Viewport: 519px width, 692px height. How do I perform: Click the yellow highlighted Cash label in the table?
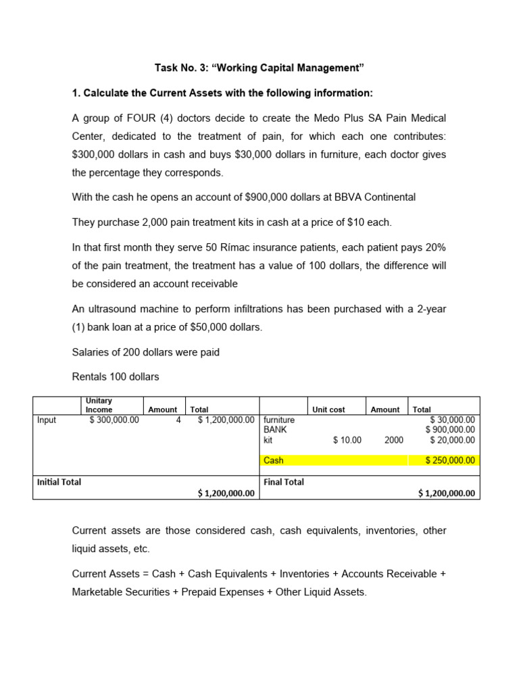point(274,460)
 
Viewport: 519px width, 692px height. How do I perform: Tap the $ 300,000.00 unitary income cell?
point(114,420)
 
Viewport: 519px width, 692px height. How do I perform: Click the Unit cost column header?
point(328,410)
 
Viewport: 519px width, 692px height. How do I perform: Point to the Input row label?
point(47,420)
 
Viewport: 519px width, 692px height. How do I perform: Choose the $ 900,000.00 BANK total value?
point(450,430)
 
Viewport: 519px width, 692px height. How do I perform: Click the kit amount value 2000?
point(394,440)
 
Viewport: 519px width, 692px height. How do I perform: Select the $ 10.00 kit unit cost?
point(347,440)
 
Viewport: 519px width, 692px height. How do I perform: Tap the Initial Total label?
point(59,482)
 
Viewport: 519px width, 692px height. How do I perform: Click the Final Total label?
point(284,482)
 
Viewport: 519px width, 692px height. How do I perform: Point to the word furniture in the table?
point(279,420)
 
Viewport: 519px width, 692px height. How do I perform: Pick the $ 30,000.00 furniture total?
point(452,420)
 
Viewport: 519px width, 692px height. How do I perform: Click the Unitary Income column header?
point(99,405)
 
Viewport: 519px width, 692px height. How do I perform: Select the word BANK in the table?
point(276,430)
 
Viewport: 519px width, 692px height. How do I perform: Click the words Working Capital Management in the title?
point(294,68)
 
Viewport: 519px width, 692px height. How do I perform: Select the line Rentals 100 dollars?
point(115,376)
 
